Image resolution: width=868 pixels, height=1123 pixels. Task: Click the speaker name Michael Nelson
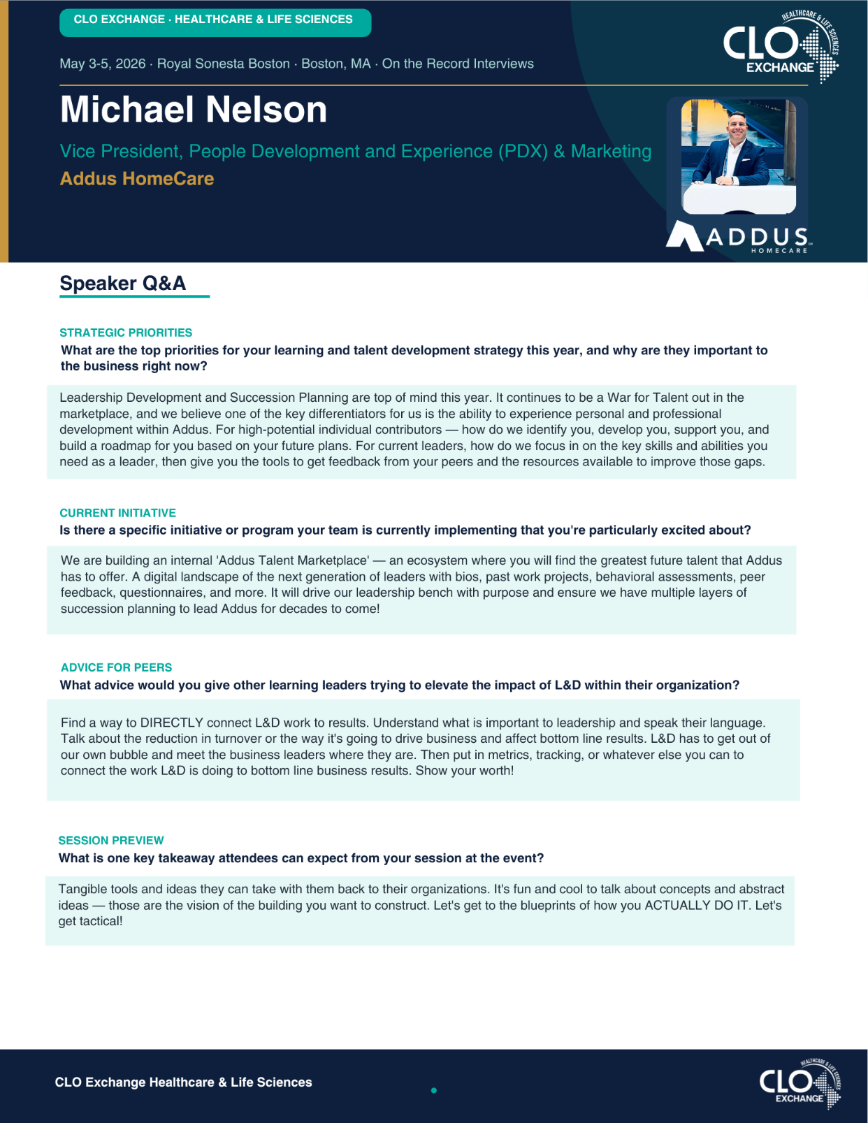point(194,110)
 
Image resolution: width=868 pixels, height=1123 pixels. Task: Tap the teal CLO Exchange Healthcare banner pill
point(215,20)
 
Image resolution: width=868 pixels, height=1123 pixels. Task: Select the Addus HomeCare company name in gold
point(137,179)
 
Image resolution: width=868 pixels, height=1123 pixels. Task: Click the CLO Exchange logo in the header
point(780,47)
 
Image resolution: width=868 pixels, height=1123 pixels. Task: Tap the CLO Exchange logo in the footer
point(800,1084)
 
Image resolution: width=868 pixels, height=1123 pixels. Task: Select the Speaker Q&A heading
point(123,284)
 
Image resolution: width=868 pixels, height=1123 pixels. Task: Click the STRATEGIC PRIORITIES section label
point(126,333)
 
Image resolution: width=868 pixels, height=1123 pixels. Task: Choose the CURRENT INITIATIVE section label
point(117,513)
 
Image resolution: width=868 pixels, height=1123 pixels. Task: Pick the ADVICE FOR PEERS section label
point(116,667)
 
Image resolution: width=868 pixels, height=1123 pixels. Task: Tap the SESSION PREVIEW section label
point(111,840)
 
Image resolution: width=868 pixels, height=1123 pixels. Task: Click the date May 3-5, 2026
point(103,64)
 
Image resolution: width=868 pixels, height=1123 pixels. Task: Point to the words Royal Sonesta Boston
point(224,64)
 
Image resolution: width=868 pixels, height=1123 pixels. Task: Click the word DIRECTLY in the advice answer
point(172,723)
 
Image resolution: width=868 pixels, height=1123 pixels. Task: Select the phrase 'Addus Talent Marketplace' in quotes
point(293,560)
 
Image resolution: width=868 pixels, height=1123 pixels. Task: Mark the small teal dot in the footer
point(434,1090)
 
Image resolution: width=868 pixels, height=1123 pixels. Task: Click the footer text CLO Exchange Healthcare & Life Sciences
point(184,1082)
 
